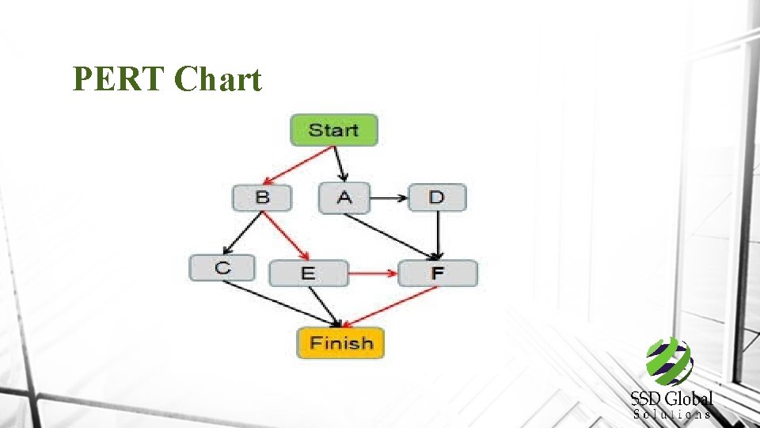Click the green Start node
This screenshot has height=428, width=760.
pyautogui.click(x=333, y=130)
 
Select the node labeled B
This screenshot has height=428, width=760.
pyautogui.click(x=261, y=197)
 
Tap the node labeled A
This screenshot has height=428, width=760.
pyautogui.click(x=344, y=197)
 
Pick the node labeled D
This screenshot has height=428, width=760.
pyautogui.click(x=436, y=197)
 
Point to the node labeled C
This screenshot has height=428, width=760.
pyautogui.click(x=222, y=268)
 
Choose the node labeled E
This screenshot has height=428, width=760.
pyautogui.click(x=308, y=273)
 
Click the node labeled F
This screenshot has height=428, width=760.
pyautogui.click(x=438, y=273)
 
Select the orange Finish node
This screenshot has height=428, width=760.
pyautogui.click(x=340, y=343)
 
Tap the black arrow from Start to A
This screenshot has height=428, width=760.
pyautogui.click(x=340, y=164)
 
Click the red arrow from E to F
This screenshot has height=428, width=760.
pyautogui.click(x=373, y=273)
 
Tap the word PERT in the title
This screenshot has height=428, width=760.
pyautogui.click(x=118, y=79)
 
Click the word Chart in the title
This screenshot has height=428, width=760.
pyautogui.click(x=218, y=79)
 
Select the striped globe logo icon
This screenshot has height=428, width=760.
pyautogui.click(x=669, y=361)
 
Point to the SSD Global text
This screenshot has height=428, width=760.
pyautogui.click(x=672, y=399)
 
